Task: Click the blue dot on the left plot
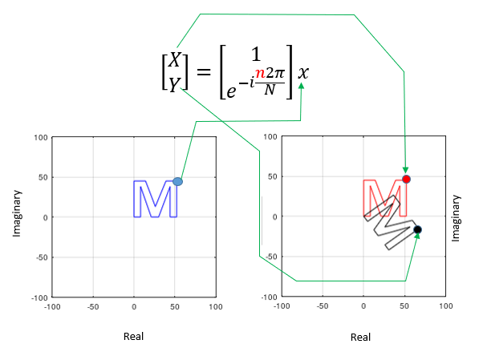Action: coord(177,182)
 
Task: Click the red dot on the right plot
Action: coord(406,179)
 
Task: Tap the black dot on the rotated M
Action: coord(417,230)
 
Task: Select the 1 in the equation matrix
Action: coord(256,55)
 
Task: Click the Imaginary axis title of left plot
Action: coord(16,212)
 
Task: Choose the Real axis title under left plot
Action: coord(133,336)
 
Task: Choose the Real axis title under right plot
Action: coord(361,337)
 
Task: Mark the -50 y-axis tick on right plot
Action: coord(270,257)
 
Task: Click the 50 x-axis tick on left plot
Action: coord(174,306)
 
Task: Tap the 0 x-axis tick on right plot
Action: coord(363,305)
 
